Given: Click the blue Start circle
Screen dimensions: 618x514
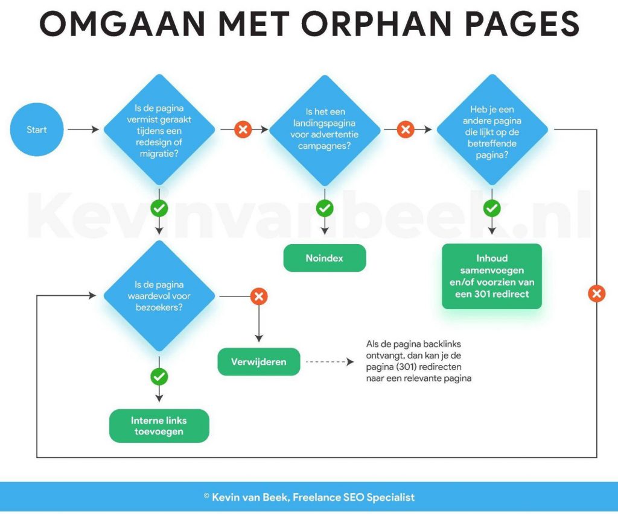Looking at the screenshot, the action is click(37, 130).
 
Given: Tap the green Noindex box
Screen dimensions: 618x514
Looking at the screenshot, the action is click(324, 258).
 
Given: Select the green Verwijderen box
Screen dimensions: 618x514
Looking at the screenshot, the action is click(258, 362).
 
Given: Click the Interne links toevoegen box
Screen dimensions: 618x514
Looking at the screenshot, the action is click(159, 426).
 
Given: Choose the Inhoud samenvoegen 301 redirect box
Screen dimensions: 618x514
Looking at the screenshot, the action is click(492, 276).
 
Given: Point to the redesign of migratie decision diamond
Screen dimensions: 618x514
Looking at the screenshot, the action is click(159, 130).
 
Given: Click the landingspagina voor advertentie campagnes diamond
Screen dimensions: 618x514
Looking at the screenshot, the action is click(324, 130).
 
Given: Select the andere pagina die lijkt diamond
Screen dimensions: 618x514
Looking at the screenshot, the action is click(492, 130).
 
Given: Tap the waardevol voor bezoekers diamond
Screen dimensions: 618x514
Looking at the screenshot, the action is click(159, 296).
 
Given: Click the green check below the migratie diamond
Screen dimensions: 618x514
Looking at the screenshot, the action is click(159, 208).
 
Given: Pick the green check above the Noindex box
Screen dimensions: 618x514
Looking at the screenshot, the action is click(325, 208).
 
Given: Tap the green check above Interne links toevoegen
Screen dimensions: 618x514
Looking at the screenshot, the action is click(159, 377).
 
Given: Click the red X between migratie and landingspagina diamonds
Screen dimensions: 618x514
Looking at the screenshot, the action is click(243, 129).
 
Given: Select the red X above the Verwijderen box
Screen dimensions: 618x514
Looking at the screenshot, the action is click(259, 296).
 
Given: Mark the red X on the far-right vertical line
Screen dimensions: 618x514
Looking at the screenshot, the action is click(597, 293).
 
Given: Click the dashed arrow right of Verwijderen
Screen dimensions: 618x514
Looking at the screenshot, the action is click(330, 362).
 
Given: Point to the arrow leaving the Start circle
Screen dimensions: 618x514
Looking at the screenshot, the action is click(83, 130).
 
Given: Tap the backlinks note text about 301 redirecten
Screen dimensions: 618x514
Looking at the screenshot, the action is click(419, 361).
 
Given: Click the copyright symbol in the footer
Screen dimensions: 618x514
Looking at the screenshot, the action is click(206, 496).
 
